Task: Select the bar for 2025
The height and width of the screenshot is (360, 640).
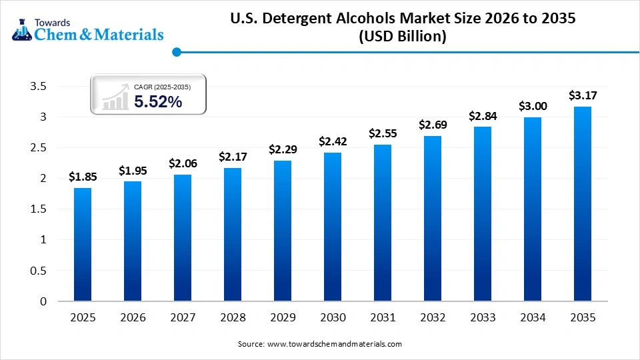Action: pos(83,245)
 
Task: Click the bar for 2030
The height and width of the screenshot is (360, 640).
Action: pos(333,227)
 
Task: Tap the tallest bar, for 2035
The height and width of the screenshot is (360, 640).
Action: pos(583,204)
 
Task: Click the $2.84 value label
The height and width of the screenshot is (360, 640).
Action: pos(482,116)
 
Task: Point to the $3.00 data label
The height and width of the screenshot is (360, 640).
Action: pos(533,106)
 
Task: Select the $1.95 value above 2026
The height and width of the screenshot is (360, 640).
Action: pos(133,171)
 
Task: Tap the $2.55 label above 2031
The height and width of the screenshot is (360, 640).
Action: pos(383,134)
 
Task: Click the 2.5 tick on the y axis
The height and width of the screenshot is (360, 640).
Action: pos(39,148)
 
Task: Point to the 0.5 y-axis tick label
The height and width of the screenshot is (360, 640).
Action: pos(39,271)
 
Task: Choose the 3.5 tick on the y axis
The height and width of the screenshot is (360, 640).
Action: pos(39,87)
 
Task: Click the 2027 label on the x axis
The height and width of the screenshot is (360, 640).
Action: pos(183,318)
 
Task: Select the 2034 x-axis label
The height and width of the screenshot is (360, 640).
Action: pos(533,318)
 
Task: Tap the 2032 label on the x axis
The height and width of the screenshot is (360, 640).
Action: pos(433,318)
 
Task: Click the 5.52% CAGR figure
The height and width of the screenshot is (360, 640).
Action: pos(158,102)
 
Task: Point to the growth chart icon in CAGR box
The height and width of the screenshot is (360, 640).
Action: pos(115,97)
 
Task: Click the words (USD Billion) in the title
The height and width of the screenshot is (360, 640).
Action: pos(403,37)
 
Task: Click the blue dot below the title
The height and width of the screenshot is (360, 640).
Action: pos(177,52)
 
